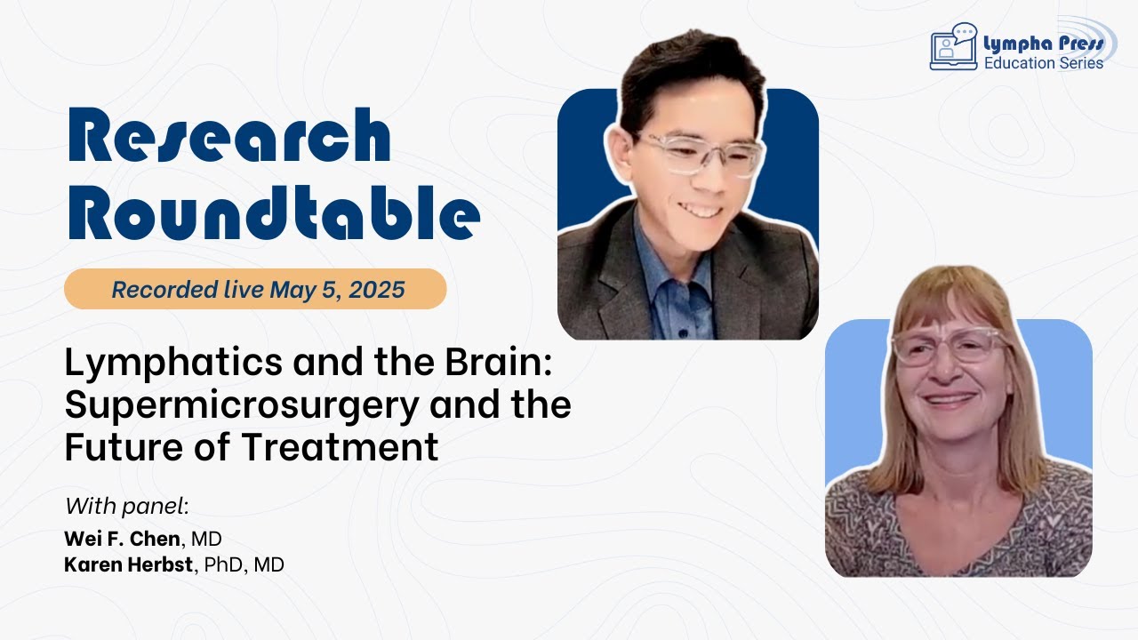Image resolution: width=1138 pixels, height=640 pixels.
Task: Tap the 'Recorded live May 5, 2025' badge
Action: [x=255, y=289]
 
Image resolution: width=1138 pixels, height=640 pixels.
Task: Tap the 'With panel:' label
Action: [x=127, y=507]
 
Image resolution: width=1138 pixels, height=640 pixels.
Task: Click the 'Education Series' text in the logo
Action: [x=1043, y=63]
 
